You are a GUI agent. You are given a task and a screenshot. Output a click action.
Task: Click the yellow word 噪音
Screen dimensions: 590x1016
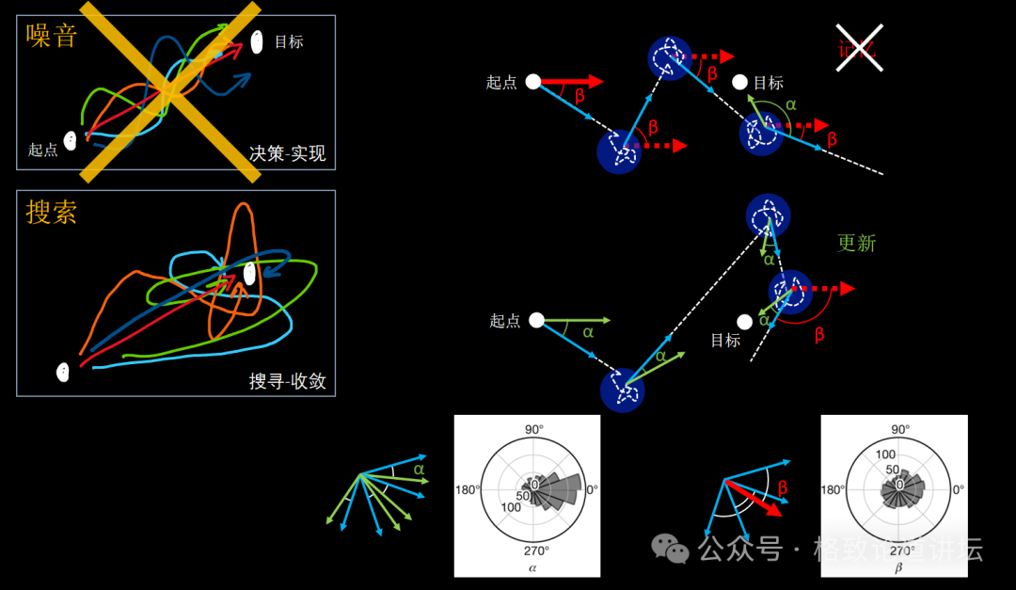pos(51,38)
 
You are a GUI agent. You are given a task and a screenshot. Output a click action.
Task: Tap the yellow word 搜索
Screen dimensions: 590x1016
pos(51,213)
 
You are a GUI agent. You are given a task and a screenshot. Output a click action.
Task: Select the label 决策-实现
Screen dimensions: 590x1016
pos(288,153)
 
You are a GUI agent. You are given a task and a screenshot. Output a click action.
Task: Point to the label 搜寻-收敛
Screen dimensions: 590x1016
pos(287,381)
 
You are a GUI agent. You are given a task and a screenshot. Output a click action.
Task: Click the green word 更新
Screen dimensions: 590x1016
pos(856,243)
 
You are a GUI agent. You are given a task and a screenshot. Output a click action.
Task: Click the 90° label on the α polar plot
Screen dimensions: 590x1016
pos(533,430)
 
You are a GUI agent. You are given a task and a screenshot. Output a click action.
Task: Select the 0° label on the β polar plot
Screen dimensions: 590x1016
pos(957,489)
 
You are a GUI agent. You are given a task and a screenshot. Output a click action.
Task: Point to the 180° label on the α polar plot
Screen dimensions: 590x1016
pos(468,489)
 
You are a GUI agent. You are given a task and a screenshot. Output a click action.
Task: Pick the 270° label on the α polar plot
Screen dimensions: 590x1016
pos(533,551)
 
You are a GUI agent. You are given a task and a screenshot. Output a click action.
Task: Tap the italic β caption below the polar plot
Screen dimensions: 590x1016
pos(898,568)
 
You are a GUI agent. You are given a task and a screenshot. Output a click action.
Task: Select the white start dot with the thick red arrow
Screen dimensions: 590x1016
pos(532,82)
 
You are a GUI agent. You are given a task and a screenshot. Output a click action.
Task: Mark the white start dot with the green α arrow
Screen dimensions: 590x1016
pos(536,320)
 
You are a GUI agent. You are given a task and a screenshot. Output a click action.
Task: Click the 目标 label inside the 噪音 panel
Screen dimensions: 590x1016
pos(289,42)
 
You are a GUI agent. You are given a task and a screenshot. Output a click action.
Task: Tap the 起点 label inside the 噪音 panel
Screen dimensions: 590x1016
pos(43,150)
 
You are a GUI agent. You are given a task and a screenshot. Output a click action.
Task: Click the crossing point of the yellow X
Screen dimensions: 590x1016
pos(170,91)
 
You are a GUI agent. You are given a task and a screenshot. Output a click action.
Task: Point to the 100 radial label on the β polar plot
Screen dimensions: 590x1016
pos(885,454)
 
